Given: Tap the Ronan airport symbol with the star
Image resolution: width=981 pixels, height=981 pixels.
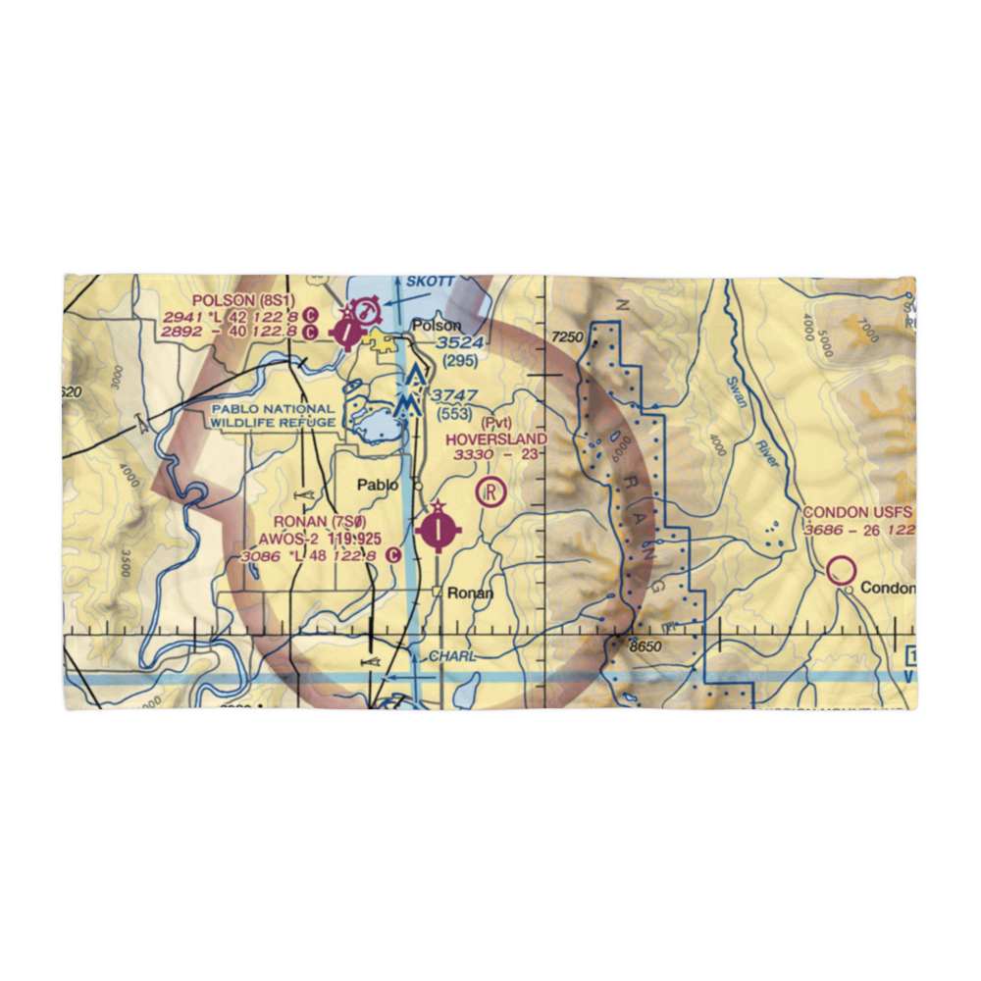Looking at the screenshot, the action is coord(436,531).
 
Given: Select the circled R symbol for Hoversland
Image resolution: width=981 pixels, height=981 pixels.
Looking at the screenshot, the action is coord(489,490).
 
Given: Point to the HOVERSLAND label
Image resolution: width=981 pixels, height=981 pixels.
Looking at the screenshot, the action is coord(495,439).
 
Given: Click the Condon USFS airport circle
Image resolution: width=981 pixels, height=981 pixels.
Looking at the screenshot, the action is coord(840,570).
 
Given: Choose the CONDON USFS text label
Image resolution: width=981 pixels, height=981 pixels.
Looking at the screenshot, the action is coord(857,513).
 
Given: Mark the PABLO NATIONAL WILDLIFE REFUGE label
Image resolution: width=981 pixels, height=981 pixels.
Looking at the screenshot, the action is coord(271,415).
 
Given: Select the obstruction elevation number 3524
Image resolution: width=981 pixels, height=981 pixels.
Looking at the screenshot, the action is coord(460,342).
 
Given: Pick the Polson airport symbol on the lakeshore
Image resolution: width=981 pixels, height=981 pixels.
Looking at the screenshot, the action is coord(348,330).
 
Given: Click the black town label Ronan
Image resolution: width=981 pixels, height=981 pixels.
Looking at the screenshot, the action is coord(469,594).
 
